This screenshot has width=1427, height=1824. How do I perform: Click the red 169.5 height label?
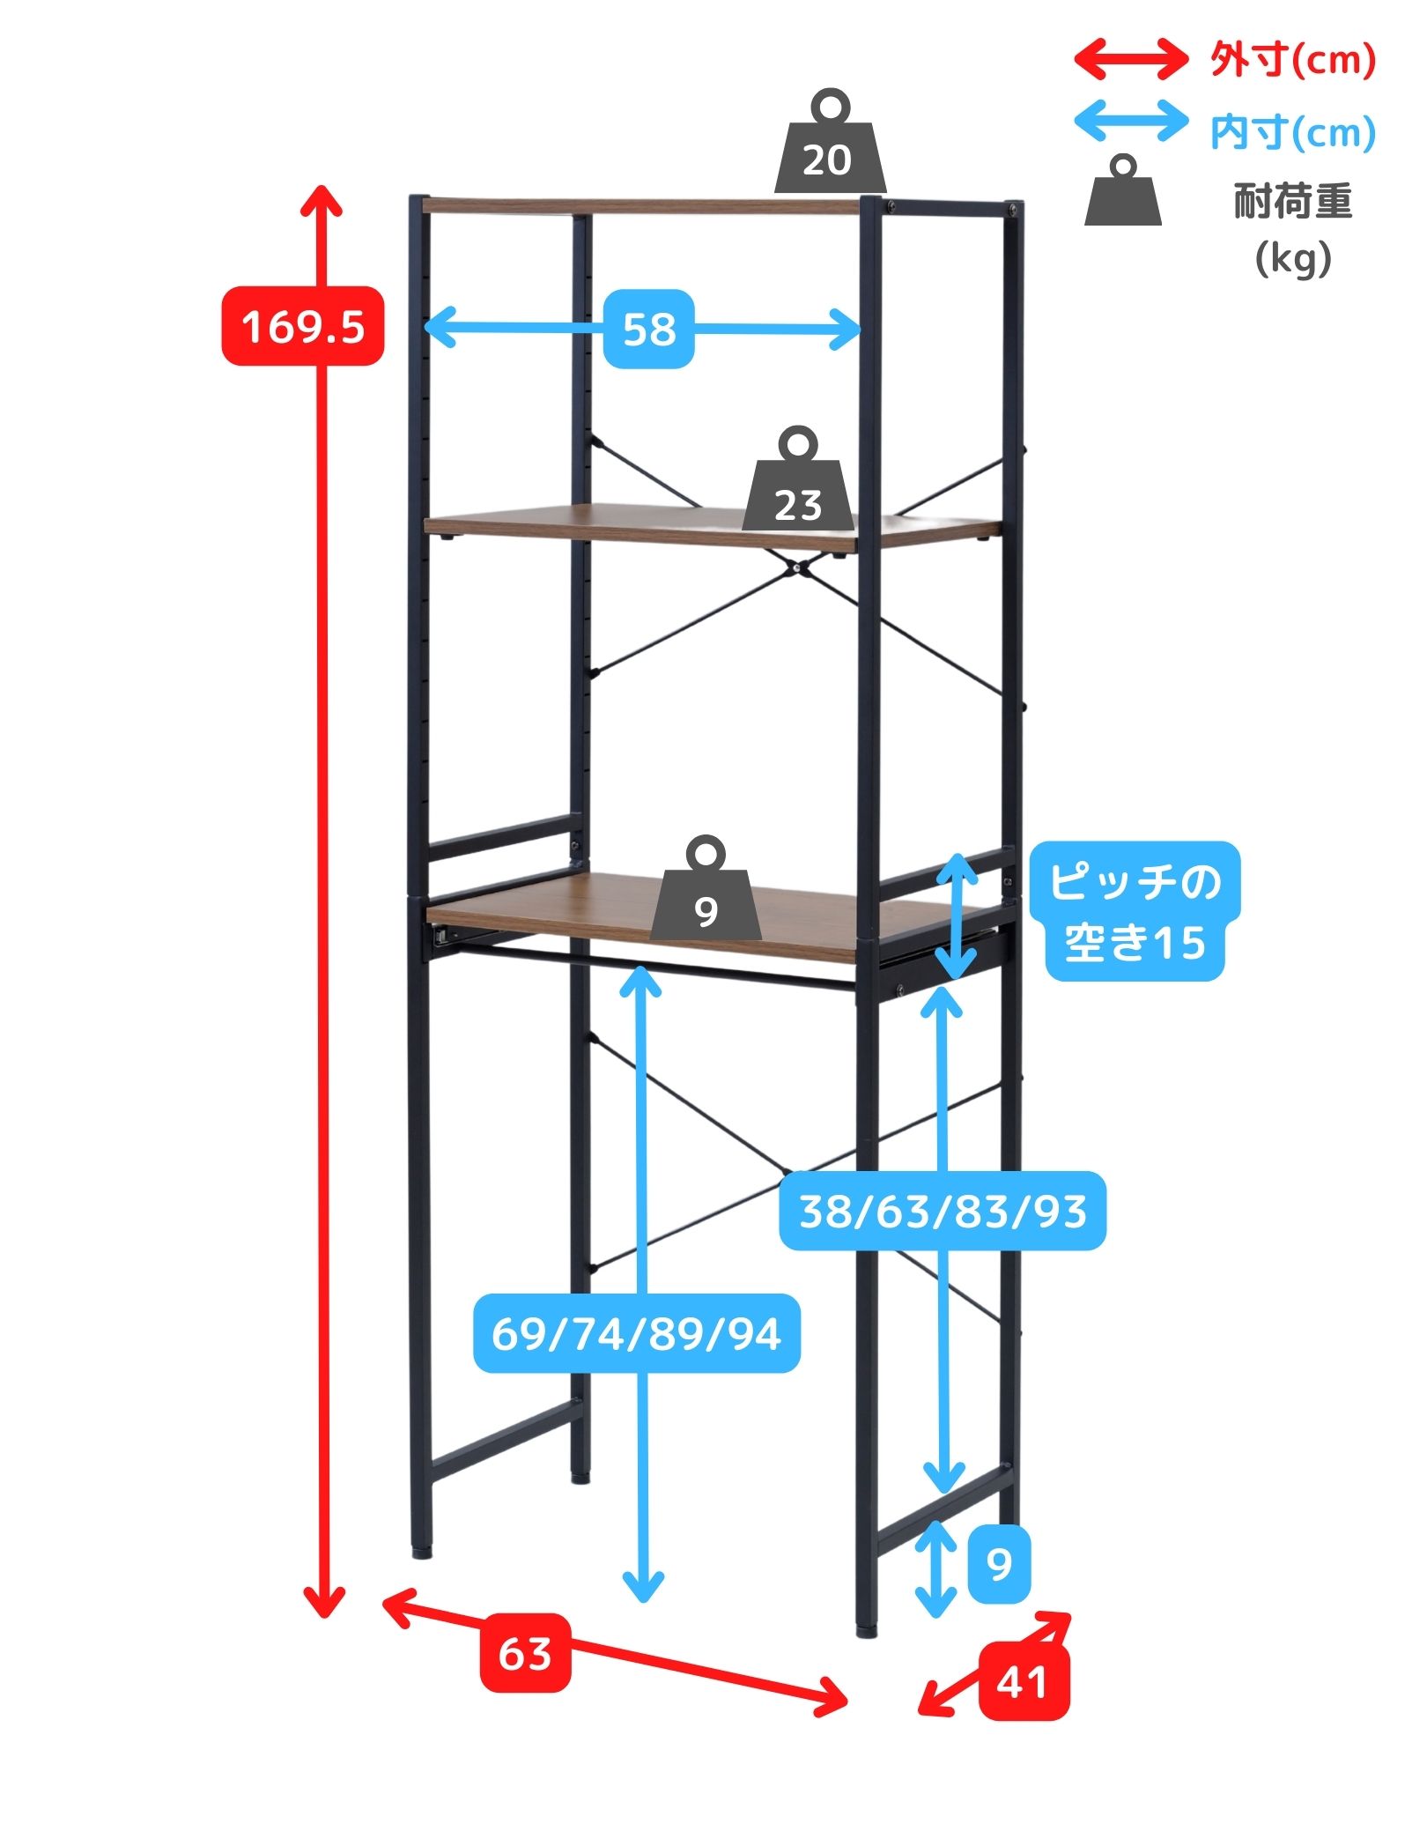(x=302, y=326)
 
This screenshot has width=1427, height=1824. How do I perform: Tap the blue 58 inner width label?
(x=648, y=329)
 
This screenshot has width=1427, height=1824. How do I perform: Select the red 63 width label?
(x=525, y=1653)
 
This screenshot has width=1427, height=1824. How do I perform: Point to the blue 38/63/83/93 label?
(x=942, y=1211)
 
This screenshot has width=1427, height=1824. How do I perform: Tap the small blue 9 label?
(x=999, y=1564)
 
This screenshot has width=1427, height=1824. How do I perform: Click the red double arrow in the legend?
(x=1131, y=59)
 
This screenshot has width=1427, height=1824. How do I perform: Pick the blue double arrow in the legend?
(x=1131, y=122)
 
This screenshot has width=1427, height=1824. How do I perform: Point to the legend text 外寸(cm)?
(x=1291, y=60)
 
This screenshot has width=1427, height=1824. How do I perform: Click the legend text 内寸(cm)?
(x=1291, y=132)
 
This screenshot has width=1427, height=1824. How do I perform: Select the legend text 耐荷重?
(x=1291, y=203)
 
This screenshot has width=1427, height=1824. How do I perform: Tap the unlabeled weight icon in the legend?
(x=1122, y=194)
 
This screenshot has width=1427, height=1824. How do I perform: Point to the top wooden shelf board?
(x=634, y=206)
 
